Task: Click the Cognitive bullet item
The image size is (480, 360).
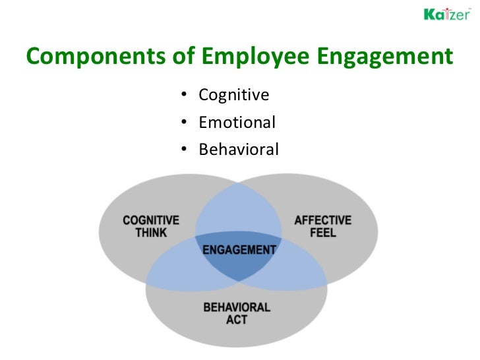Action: (x=234, y=96)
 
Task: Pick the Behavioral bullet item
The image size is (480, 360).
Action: (x=239, y=150)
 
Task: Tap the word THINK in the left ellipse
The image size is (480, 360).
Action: (x=151, y=233)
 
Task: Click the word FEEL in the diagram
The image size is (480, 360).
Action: (x=323, y=233)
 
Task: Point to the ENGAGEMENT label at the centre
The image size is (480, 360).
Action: (x=239, y=250)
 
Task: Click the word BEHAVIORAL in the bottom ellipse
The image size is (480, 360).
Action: (x=237, y=307)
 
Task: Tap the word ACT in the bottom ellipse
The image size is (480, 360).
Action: (x=237, y=320)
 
